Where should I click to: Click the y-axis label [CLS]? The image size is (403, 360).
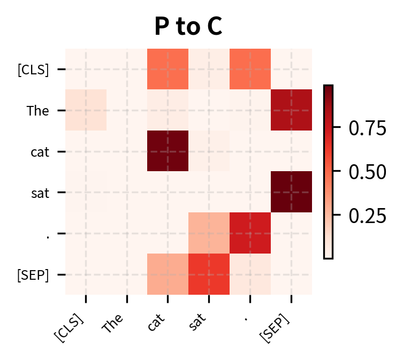[33, 70]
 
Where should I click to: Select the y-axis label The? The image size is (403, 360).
[37, 111]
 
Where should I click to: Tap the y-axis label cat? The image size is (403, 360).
[39, 152]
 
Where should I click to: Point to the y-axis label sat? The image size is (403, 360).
[39, 193]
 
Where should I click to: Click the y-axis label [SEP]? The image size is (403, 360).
[33, 275]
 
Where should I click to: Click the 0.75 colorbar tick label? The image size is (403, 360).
[367, 128]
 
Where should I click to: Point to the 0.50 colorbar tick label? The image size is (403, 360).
[367, 172]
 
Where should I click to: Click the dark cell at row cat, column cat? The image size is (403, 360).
[168, 151]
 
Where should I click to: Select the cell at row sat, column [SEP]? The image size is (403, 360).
[291, 192]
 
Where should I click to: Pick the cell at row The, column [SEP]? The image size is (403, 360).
[291, 110]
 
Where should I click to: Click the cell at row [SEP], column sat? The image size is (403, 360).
[209, 274]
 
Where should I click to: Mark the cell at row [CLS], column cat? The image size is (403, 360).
[168, 69]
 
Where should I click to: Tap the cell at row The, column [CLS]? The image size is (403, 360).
[86, 110]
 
